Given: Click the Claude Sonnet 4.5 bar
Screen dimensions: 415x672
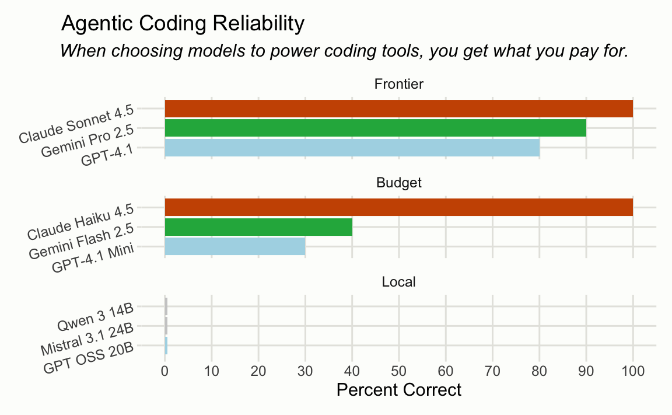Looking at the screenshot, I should [398, 109].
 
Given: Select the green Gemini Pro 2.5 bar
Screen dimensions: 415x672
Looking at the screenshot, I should [375, 128].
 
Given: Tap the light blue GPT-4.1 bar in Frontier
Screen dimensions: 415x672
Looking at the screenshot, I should [352, 148].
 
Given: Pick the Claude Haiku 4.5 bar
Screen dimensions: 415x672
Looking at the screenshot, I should [398, 207].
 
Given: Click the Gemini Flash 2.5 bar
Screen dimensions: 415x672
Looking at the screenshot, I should [258, 226].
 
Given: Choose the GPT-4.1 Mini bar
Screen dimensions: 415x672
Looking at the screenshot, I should [235, 246].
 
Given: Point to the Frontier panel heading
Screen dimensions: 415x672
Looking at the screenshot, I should [398, 84].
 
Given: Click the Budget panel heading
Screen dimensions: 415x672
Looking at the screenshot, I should [398, 183].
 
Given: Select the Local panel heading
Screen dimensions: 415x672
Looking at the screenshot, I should [398, 282].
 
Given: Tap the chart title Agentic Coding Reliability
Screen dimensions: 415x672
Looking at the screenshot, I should [183, 24].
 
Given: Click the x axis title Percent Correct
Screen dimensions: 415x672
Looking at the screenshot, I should [399, 390].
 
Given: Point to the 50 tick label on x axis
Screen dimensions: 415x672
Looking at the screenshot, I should [399, 371].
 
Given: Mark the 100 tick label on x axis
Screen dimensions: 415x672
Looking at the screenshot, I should [633, 371].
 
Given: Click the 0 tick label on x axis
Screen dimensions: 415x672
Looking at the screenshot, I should [164, 371].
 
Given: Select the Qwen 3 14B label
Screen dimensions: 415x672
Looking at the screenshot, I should [95, 315].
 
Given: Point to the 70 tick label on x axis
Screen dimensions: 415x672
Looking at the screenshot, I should [492, 371].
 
